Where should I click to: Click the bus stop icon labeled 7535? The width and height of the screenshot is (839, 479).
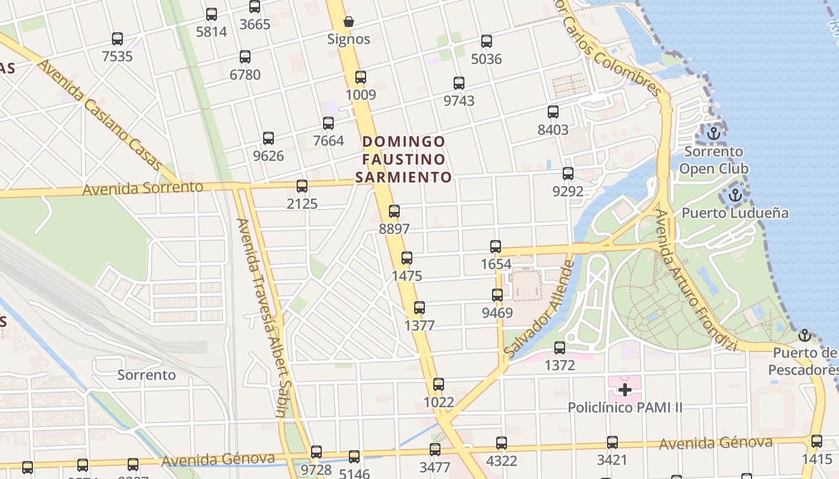coord(117,39)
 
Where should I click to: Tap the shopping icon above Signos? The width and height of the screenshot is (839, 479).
coord(349,22)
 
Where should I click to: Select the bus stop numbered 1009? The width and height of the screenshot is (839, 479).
coord(361,77)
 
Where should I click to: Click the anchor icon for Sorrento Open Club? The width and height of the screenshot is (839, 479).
coord(713,134)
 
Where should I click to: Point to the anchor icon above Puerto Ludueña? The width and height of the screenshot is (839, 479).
coord(735,195)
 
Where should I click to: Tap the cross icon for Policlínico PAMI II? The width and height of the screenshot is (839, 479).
coord(625,390)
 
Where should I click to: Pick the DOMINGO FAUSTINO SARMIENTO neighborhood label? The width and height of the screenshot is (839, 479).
coord(404,159)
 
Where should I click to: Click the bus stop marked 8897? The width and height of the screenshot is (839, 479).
coord(394,211)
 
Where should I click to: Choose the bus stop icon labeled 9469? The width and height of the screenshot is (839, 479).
coord(497,295)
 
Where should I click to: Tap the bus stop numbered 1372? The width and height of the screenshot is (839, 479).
coord(560,347)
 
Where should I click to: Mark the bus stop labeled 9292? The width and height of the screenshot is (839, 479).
coord(568,174)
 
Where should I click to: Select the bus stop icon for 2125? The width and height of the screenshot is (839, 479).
coord(302,186)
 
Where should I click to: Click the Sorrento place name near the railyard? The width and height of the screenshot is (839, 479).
coord(147,375)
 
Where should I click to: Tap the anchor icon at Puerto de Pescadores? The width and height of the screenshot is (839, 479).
coord(805,335)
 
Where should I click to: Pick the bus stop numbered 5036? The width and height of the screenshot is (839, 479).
coord(487,41)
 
